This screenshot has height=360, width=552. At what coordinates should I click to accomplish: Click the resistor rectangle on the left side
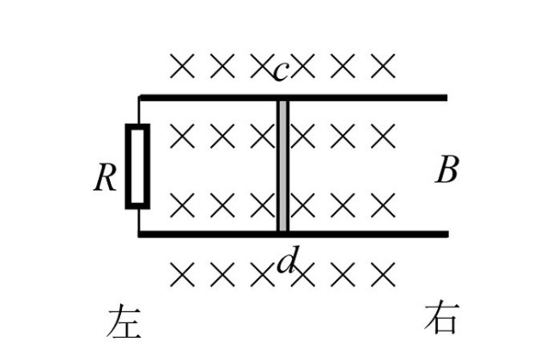[137, 166]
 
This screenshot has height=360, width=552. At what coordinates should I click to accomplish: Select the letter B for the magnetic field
[446, 171]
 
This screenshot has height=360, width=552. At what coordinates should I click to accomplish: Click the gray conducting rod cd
[282, 165]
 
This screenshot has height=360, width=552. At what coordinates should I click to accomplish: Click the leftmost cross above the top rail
[181, 64]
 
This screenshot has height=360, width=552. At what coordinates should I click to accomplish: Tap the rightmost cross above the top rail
[382, 64]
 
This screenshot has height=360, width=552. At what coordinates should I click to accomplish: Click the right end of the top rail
[445, 97]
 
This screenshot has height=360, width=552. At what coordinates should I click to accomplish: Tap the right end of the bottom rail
[445, 233]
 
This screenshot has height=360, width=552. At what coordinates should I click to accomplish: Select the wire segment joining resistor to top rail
[137, 111]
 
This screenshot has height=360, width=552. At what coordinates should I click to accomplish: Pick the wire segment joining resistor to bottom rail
[137, 220]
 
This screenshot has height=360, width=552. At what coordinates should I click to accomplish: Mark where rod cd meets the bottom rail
[282, 232]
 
